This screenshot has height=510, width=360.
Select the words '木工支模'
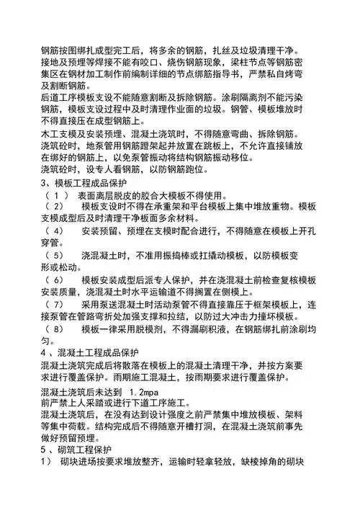(65, 135)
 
